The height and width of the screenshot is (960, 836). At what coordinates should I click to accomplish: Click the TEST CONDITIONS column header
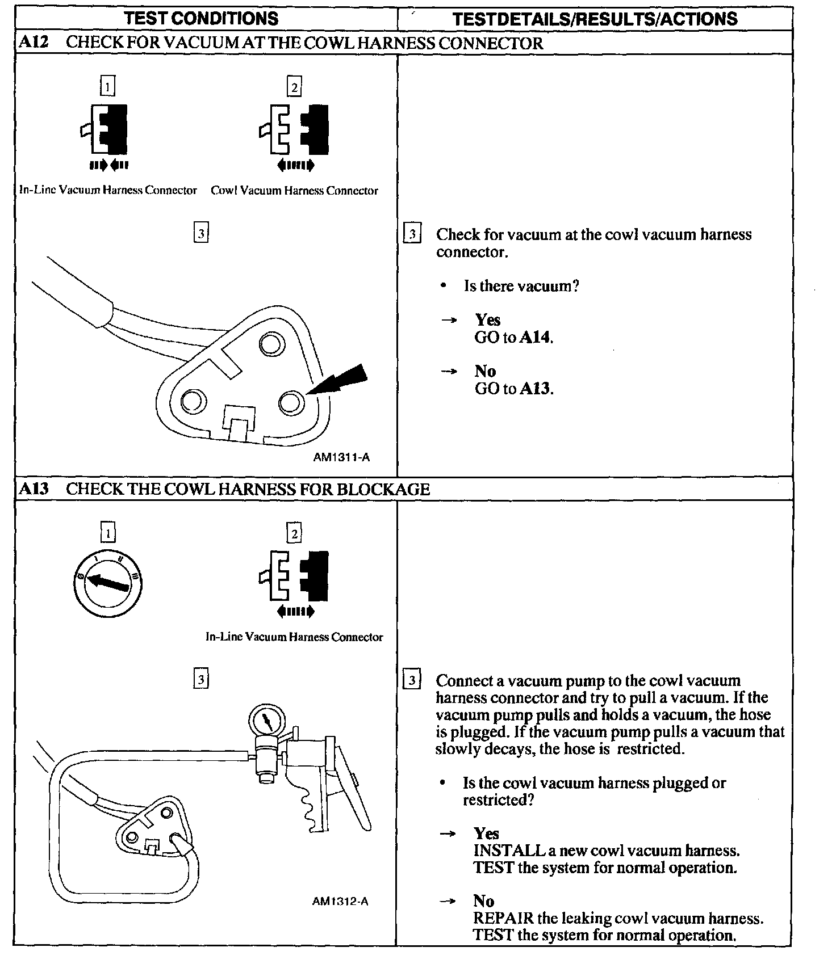click(202, 18)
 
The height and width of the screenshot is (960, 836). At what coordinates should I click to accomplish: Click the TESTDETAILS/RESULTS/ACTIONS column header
click(595, 19)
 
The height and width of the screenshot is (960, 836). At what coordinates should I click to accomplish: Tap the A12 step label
click(34, 43)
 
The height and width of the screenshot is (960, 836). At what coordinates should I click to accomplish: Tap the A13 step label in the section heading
click(34, 489)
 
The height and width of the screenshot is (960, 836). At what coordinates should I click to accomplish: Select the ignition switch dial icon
click(108, 583)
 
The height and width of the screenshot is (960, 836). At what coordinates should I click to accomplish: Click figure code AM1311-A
click(341, 457)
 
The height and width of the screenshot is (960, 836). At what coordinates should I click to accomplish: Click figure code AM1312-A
click(340, 901)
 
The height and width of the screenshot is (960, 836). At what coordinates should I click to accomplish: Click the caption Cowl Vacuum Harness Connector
click(294, 191)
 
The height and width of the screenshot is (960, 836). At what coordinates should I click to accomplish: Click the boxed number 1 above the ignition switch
click(107, 533)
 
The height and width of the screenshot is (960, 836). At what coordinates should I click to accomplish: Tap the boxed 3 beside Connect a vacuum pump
click(412, 680)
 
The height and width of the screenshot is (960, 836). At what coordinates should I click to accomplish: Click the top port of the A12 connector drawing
click(270, 344)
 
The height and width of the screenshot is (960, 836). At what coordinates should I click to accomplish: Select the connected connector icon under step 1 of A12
click(108, 129)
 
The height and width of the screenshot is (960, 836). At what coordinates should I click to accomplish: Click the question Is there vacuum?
click(521, 286)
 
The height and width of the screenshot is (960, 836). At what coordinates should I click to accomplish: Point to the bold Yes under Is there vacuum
click(488, 320)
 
